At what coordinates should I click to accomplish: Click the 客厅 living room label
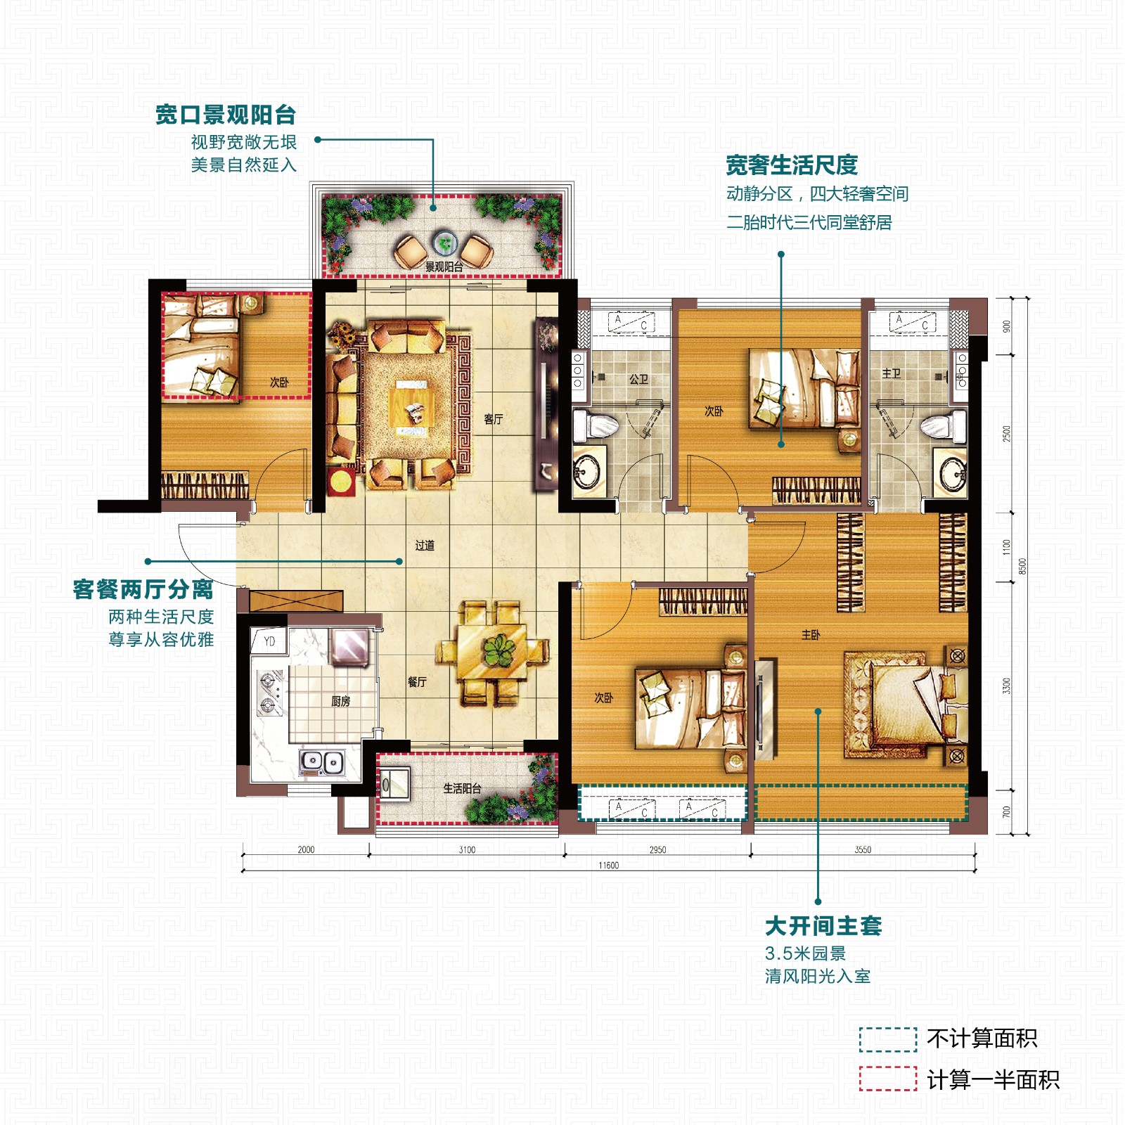click(x=493, y=419)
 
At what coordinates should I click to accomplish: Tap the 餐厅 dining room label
click(x=417, y=681)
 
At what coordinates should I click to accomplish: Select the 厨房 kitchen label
click(x=340, y=701)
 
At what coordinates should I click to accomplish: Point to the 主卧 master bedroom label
click(x=811, y=635)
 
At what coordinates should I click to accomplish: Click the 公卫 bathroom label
click(x=638, y=379)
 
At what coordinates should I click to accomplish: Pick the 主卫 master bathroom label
click(x=892, y=373)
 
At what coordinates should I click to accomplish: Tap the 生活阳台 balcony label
click(x=462, y=788)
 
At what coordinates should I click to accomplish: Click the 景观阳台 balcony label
click(x=444, y=266)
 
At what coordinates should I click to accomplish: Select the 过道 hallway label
click(x=425, y=545)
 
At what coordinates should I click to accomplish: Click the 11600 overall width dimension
click(x=609, y=865)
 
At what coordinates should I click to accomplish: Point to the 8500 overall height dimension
click(x=1023, y=566)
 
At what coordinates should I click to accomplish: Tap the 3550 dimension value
click(x=863, y=849)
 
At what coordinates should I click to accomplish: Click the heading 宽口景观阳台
click(x=226, y=115)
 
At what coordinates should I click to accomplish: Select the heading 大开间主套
click(x=823, y=926)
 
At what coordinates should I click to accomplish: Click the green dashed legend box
click(x=888, y=1039)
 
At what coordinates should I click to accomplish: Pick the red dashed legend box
click(x=888, y=1079)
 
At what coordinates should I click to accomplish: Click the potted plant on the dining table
click(x=499, y=650)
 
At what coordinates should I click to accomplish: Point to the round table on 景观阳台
click(x=444, y=244)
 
